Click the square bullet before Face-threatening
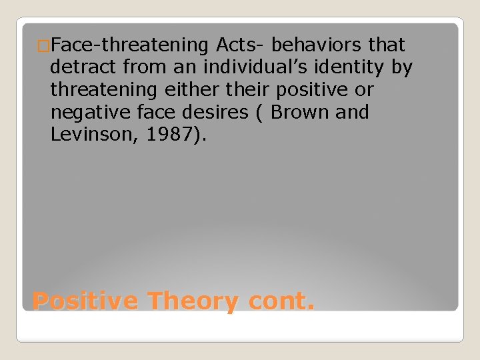(44, 46)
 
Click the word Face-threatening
(131, 45)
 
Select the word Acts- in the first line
(241, 45)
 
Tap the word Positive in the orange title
(85, 301)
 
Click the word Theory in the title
(193, 301)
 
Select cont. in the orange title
(281, 301)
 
